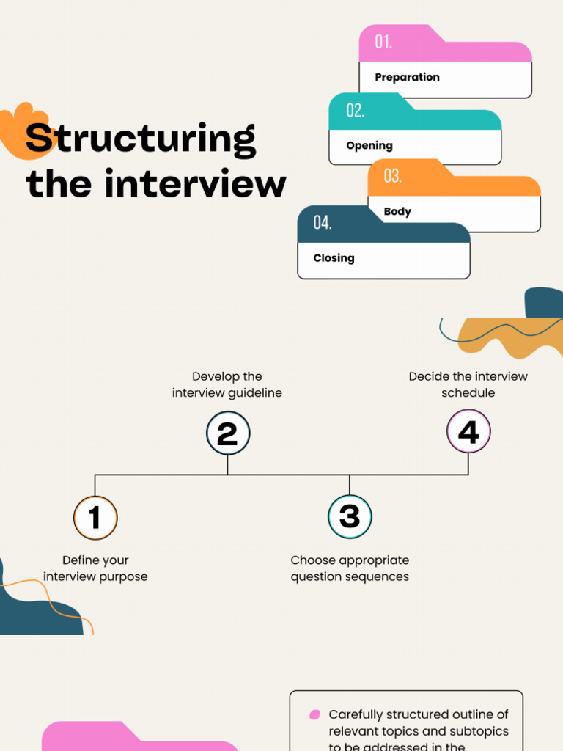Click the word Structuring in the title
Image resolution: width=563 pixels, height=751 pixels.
[x=141, y=139]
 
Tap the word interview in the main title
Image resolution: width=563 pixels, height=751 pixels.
[x=195, y=183]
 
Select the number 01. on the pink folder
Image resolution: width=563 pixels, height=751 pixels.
[x=383, y=43]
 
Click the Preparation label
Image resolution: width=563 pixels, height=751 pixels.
[x=407, y=77]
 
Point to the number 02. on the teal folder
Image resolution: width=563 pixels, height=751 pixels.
[x=355, y=111]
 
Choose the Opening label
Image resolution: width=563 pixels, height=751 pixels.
[x=369, y=145]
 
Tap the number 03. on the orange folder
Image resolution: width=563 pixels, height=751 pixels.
[x=392, y=176]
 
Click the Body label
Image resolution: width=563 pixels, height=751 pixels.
[x=397, y=211]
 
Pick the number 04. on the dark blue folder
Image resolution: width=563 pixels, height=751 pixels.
[x=322, y=223]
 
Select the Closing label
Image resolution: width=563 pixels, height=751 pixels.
[x=334, y=258]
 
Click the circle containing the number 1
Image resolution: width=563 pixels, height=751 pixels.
[x=95, y=518]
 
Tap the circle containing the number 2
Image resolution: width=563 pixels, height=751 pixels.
[x=227, y=433]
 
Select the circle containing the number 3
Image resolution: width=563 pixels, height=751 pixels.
[x=350, y=516]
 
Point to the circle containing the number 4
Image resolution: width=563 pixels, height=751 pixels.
[x=468, y=432]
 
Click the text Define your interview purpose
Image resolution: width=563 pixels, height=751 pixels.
[x=95, y=568]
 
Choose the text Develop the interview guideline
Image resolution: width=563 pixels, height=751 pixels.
[x=227, y=384]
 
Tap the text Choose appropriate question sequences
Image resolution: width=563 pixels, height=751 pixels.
[x=350, y=568]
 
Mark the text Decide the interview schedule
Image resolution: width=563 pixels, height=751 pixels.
[x=468, y=384]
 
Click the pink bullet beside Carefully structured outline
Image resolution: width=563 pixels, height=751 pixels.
[x=314, y=714]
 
